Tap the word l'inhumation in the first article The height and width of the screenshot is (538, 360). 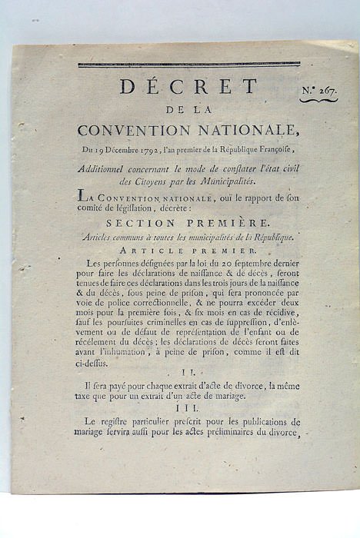click(x=130, y=352)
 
